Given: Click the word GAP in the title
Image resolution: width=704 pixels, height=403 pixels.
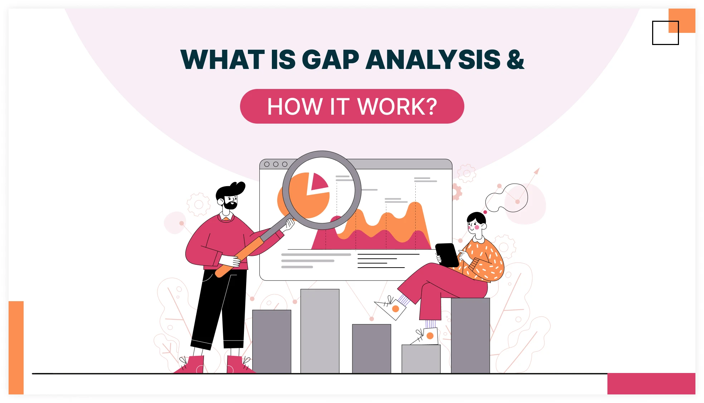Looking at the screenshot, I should tap(330, 60).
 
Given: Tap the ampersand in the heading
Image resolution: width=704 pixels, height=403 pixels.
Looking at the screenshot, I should tap(515, 60).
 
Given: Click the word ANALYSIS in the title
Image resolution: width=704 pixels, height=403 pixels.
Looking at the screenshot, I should tap(433, 60).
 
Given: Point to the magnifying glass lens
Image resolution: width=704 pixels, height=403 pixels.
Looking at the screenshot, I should tap(322, 190).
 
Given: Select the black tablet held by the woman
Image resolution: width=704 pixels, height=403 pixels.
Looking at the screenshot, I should tap(447, 254).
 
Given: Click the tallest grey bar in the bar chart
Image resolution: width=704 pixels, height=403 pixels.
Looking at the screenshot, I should tap(320, 330).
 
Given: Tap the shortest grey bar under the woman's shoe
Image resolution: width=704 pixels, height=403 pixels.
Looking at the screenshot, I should tap(421, 359).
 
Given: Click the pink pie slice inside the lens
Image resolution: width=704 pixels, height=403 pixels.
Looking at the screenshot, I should tap(318, 182).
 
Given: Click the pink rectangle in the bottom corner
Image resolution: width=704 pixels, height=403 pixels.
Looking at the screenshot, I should tap(651, 383).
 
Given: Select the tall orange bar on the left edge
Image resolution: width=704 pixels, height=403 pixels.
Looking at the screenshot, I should tap(16, 347).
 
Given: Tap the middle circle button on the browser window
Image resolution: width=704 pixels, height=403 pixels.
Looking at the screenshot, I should tap(275, 164).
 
